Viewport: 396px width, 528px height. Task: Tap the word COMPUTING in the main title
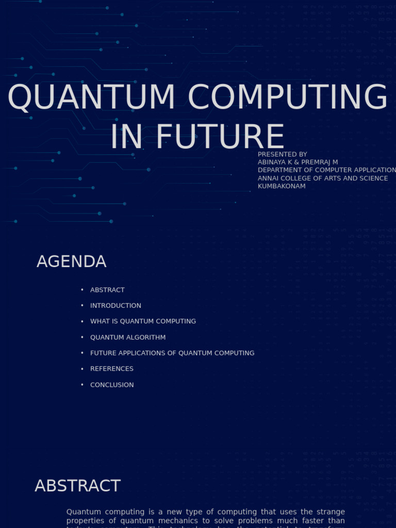pos(287,97)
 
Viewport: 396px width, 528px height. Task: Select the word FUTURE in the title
pos(220,137)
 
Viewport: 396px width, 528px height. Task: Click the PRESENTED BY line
pos(282,154)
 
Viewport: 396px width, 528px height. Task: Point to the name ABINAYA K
pos(276,162)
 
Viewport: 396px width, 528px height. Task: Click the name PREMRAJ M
pos(320,162)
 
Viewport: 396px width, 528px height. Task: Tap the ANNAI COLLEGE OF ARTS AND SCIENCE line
pos(323,178)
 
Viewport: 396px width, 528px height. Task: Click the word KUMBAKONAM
pos(282,186)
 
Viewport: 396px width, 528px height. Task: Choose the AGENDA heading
pos(71,262)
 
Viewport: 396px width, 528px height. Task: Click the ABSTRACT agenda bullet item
pos(107,290)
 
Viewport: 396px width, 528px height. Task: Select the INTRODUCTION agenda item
pos(115,306)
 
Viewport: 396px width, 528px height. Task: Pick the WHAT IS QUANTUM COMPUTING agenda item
pos(143,321)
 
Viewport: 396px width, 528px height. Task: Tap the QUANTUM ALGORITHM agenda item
pos(128,337)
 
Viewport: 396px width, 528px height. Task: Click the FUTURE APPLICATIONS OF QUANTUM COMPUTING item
pos(172,353)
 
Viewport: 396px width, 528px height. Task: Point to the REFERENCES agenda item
pos(111,369)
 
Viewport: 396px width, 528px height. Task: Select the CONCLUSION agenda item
pos(112,385)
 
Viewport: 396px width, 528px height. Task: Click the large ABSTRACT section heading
pos(77,486)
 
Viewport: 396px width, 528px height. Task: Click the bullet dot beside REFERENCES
pos(82,369)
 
